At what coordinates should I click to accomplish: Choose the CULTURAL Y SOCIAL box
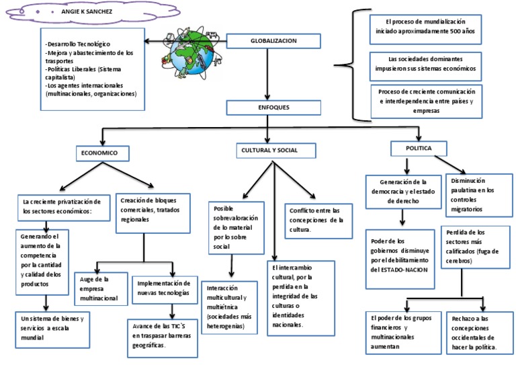point(276,151)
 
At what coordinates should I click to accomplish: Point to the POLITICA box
point(419,148)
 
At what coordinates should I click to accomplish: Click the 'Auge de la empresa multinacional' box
point(101,288)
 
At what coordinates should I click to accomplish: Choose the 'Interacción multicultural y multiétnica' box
point(229,307)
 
